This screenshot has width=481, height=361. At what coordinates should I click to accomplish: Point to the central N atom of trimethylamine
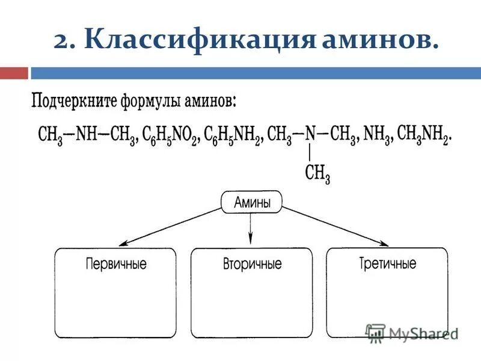[310, 133]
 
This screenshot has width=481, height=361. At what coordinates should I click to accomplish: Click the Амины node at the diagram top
[251, 203]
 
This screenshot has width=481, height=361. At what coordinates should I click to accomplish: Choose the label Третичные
[387, 263]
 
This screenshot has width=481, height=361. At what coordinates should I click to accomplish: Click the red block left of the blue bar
[14, 73]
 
